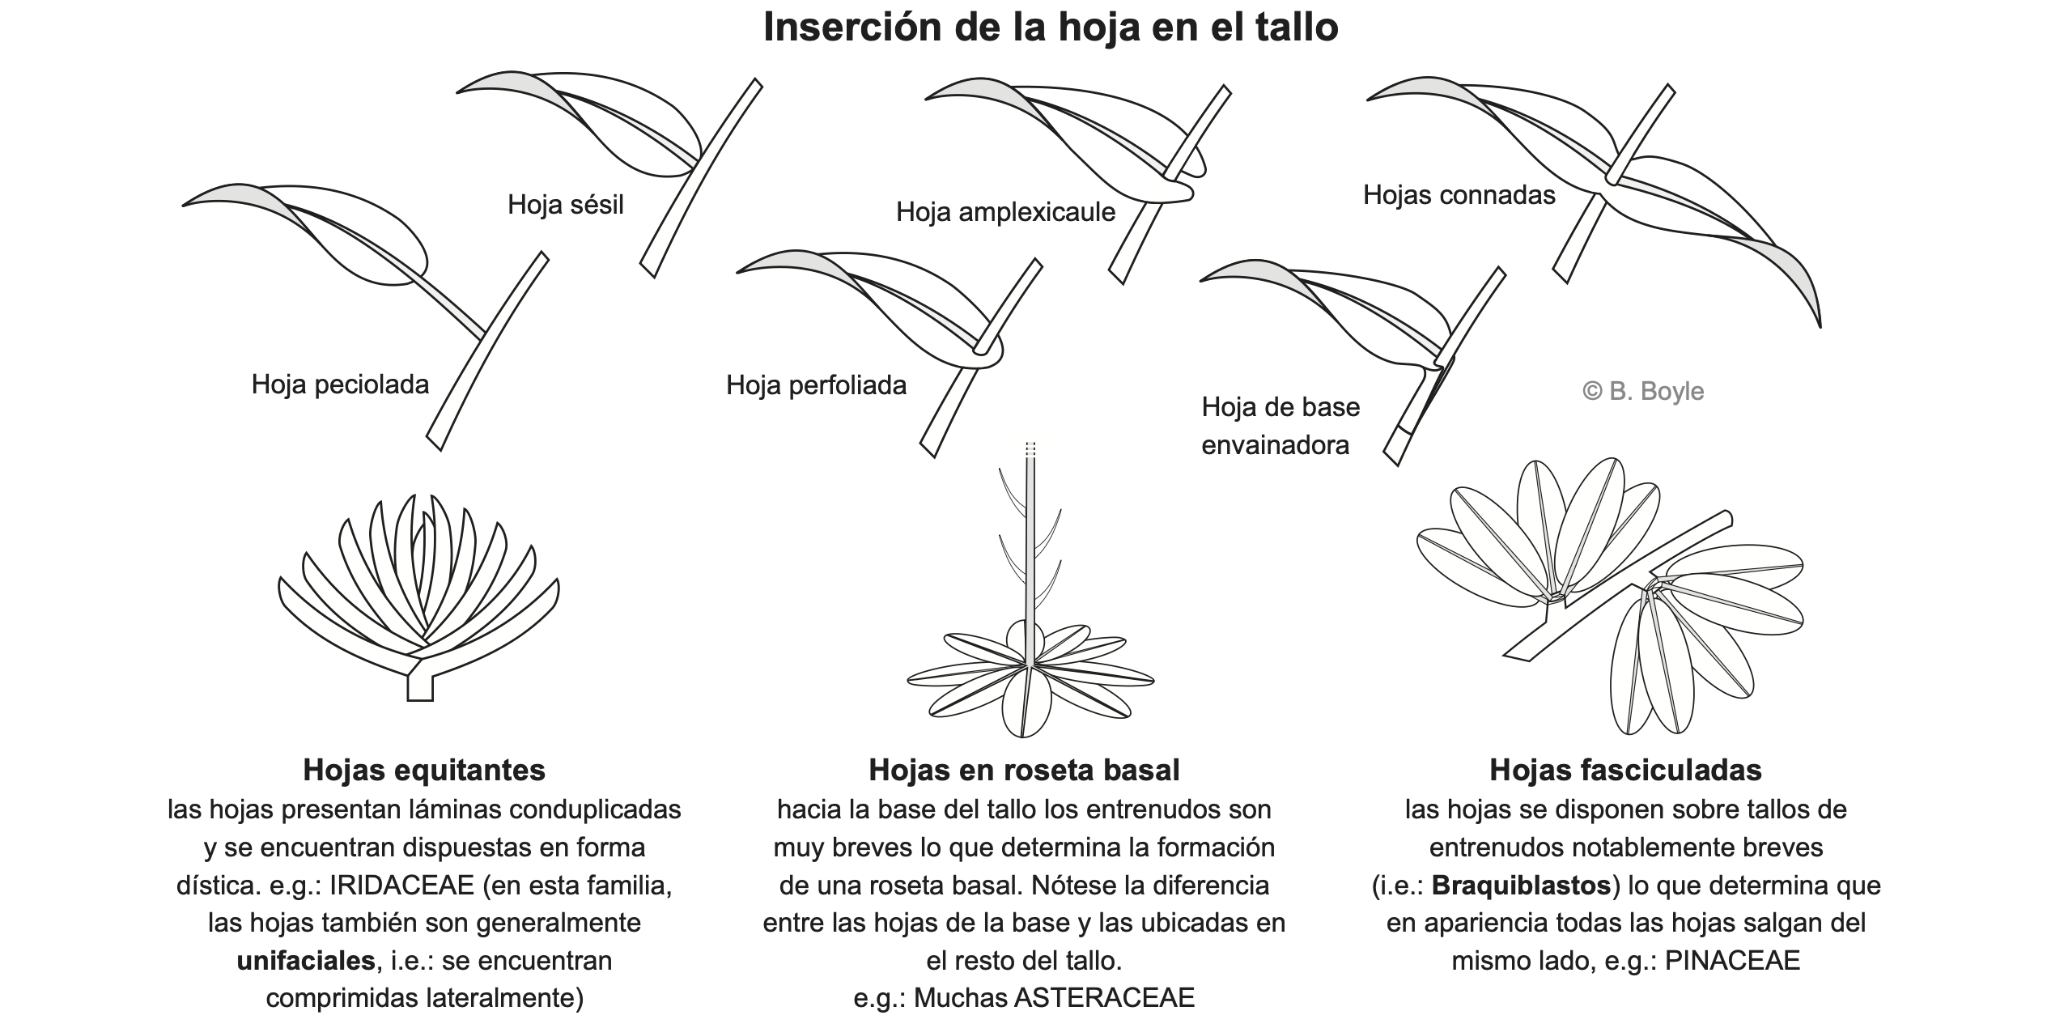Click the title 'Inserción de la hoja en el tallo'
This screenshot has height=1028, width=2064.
pos(1050,28)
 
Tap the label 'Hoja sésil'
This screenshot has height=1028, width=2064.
pos(565,205)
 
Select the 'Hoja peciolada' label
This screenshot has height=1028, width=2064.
pos(340,384)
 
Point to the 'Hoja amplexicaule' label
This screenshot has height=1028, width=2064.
pos(1005,212)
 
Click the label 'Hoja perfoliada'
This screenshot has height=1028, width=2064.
pos(816,385)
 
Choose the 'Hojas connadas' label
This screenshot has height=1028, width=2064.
pos(1459,195)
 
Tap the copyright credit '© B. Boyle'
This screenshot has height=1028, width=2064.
pos(1643,392)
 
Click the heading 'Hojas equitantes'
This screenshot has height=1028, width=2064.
pos(424,770)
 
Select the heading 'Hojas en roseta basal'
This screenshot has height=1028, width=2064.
pos(1024,770)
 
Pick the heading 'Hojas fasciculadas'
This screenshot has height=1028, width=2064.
pos(1625,770)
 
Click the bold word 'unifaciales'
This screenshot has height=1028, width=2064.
pos(306,961)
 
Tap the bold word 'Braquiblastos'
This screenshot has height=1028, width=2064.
pos(1521,886)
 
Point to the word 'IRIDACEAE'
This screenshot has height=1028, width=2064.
pos(401,886)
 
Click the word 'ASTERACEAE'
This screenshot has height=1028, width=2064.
pos(1104,998)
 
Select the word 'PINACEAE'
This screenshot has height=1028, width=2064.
pos(1732,961)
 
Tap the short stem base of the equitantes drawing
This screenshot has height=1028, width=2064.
pos(420,688)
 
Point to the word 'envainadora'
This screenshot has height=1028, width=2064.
pos(1275,445)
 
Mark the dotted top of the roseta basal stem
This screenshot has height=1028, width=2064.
pos(1030,450)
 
